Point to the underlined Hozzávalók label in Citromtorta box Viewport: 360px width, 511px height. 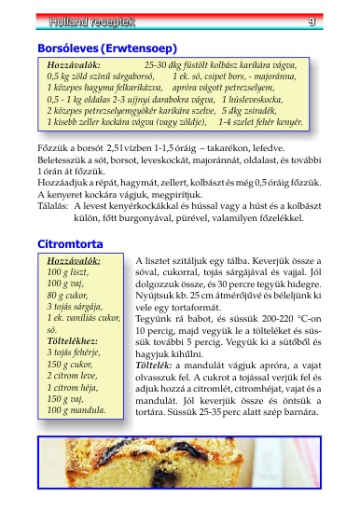coord(73,260)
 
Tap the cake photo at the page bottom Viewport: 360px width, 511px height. coord(179,476)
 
